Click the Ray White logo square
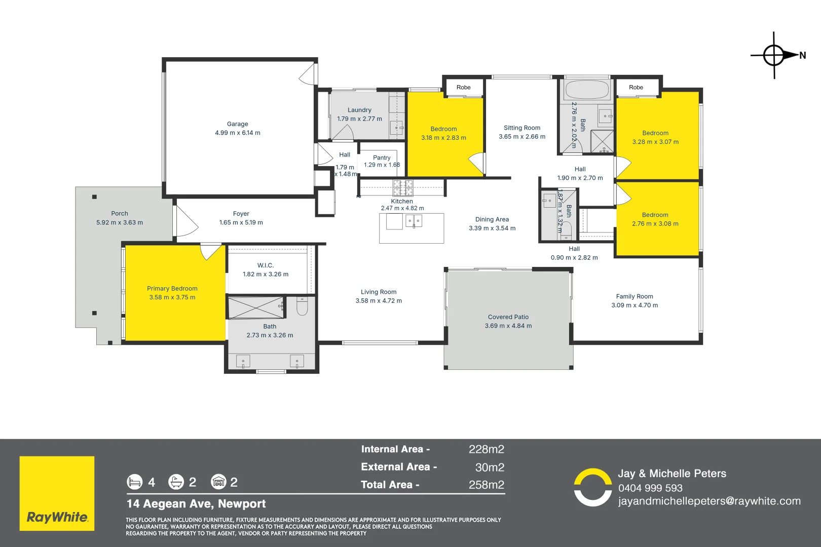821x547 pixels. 57,493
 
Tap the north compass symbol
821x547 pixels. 774,55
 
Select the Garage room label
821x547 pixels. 238,124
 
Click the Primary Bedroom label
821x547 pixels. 172,289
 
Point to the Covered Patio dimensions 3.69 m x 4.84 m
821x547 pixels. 508,326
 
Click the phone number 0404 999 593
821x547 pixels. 650,488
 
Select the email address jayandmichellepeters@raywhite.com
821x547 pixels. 709,501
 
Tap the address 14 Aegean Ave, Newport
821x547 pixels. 196,504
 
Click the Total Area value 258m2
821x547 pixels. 486,485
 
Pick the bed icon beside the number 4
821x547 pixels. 134,482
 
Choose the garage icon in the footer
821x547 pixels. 218,482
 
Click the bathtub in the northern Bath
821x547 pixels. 587,90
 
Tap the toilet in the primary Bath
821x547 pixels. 302,306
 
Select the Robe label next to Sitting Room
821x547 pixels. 463,88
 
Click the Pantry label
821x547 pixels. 382,158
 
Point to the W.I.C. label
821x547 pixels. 266,265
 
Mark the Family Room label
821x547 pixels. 635,297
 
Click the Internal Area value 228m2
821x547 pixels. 486,449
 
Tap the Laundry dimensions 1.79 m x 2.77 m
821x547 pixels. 359,119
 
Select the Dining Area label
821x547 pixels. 492,219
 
